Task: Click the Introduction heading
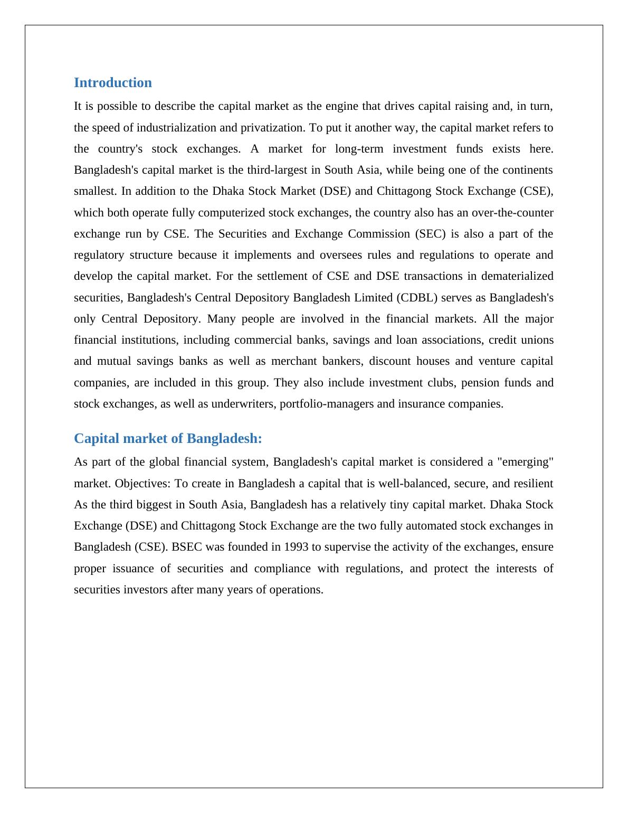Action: click(112, 83)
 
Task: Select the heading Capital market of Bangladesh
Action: click(168, 439)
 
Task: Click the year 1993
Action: click(296, 547)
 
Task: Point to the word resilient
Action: click(533, 484)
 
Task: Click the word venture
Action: click(497, 361)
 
